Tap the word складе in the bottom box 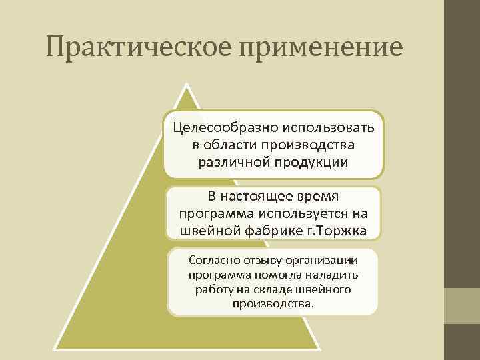coord(272,290)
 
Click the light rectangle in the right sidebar coord(462,305)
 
